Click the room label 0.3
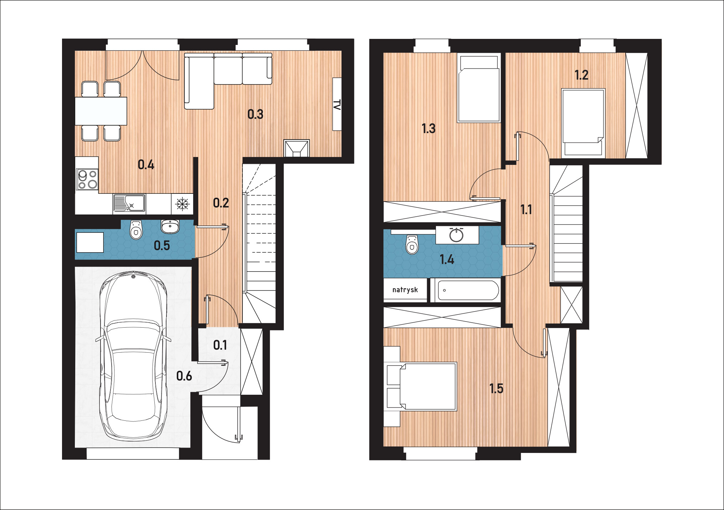255,114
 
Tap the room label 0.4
146,165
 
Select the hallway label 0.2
221,203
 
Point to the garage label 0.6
184,376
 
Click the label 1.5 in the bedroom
496,388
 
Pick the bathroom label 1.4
447,259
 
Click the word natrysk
405,290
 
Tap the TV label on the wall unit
337,105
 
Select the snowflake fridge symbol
183,204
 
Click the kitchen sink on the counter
129,203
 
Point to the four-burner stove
87,179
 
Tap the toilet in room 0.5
136,229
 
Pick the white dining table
101,111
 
